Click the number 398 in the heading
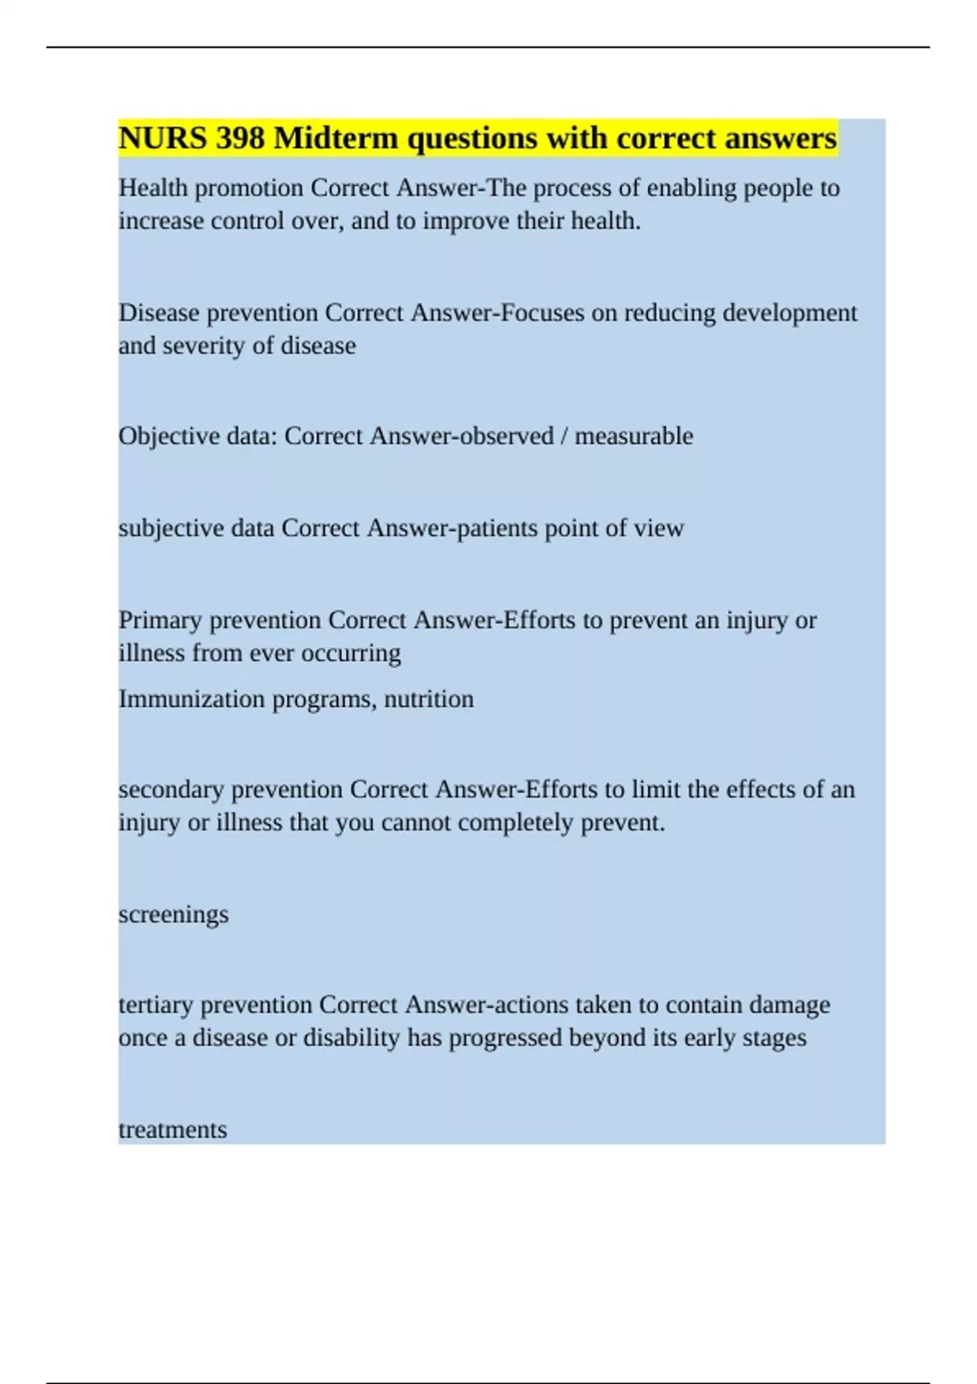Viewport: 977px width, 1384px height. click(240, 138)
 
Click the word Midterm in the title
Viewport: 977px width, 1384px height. click(336, 138)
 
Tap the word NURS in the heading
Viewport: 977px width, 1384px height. click(163, 138)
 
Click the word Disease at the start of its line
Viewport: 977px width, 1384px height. click(159, 313)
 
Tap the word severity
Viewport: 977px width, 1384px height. click(204, 345)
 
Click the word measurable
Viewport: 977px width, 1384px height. click(634, 436)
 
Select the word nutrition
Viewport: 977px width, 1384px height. click(429, 699)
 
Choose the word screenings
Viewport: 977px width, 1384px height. click(173, 914)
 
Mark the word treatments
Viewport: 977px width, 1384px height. click(173, 1130)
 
